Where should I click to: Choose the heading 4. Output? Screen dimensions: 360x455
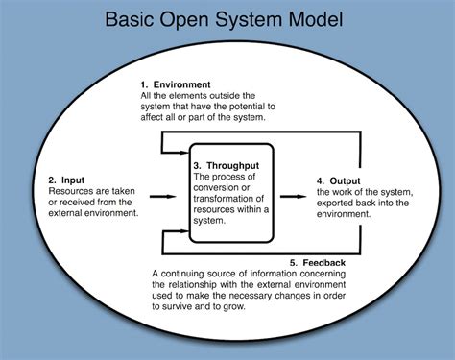[340, 180]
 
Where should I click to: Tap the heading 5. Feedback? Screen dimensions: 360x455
[316, 262]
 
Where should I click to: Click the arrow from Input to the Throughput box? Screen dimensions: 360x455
[163, 196]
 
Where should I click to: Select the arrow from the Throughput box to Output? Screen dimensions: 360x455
[294, 196]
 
